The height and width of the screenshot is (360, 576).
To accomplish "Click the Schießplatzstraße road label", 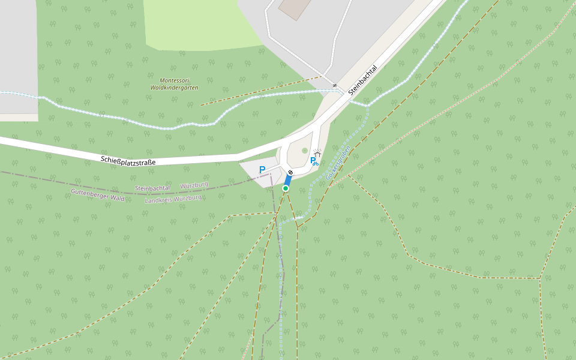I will pyautogui.click(x=128, y=161).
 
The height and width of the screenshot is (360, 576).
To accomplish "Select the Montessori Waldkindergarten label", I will pyautogui.click(x=174, y=84).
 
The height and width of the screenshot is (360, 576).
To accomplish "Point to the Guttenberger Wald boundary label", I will pyautogui.click(x=97, y=194).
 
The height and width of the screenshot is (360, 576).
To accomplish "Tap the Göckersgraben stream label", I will pyautogui.click(x=338, y=164).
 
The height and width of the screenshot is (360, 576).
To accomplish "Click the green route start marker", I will pyautogui.click(x=286, y=188).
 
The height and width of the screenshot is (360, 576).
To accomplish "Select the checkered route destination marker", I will pyautogui.click(x=290, y=172).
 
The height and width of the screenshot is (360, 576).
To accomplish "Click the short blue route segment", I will pyautogui.click(x=288, y=180).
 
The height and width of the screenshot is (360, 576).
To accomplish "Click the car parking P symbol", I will pyautogui.click(x=262, y=170).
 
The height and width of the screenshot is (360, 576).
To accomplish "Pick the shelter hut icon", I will pyautogui.click(x=317, y=154).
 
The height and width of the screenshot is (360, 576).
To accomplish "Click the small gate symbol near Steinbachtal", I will pyautogui.click(x=334, y=85).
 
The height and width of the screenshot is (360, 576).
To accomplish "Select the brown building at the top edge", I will pyautogui.click(x=294, y=7).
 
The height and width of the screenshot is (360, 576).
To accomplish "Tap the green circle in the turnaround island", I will pyautogui.click(x=304, y=151).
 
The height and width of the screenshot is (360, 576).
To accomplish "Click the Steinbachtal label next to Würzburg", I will pyautogui.click(x=152, y=188).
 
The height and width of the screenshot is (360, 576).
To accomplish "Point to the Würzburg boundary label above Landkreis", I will pyautogui.click(x=194, y=185).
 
